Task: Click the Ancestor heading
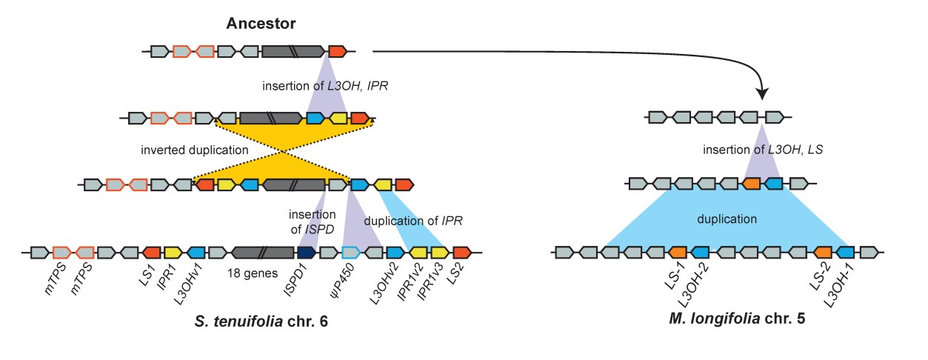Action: pos(261,24)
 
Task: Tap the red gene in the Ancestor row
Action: pos(337,51)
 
